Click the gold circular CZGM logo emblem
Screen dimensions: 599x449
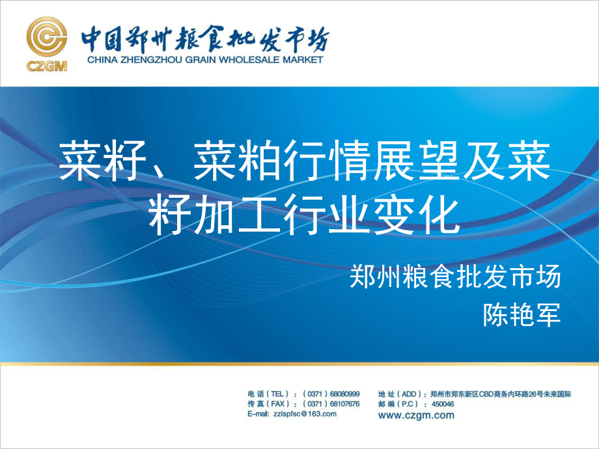[x=47, y=36]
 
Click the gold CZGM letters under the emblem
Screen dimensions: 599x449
[x=47, y=66]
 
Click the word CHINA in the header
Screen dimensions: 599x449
[x=102, y=60]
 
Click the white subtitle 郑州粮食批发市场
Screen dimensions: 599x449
[x=455, y=277]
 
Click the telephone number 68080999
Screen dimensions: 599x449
[x=344, y=394]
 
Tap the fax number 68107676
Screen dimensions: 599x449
[x=344, y=404]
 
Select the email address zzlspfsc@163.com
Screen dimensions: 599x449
[x=305, y=414]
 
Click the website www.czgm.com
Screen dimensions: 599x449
[x=417, y=415]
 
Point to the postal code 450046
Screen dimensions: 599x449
[x=443, y=404]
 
